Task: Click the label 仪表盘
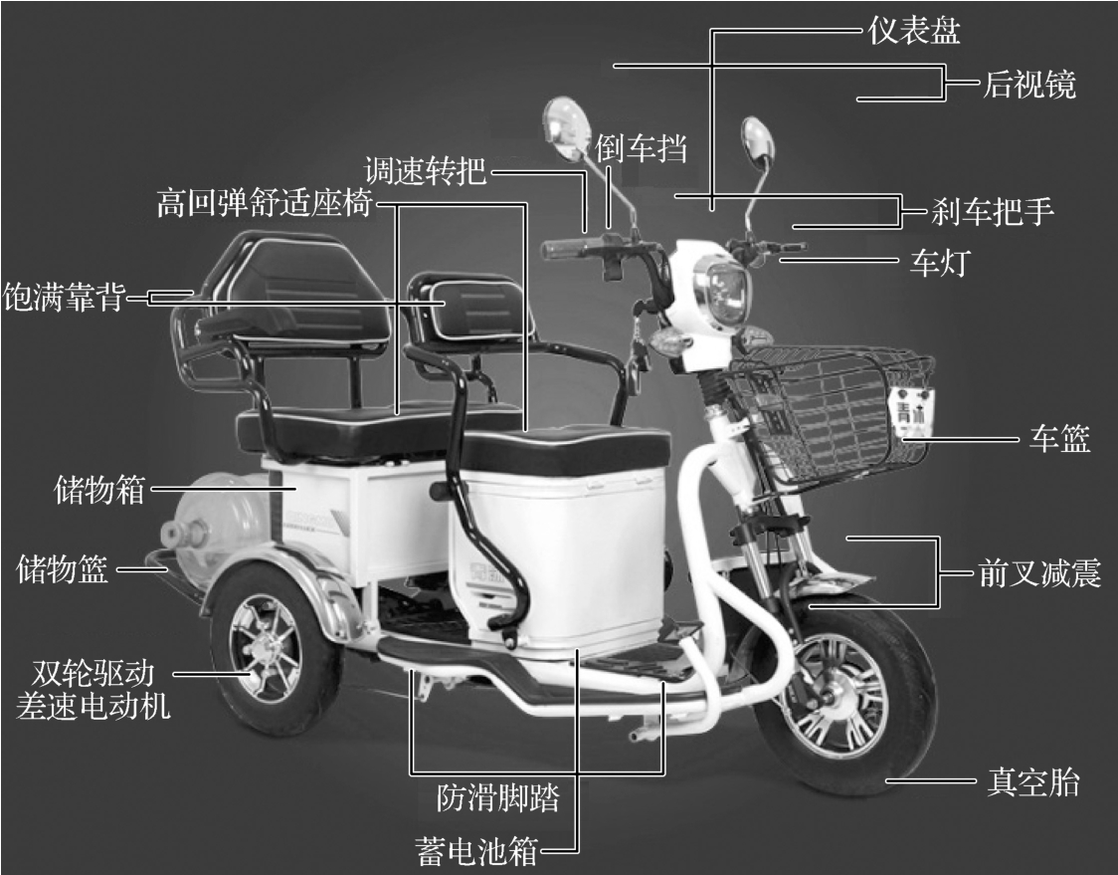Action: [x=914, y=31]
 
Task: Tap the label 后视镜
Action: [x=1028, y=85]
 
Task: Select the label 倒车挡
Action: [x=641, y=147]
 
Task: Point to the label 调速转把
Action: [x=425, y=171]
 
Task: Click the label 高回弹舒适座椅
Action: [x=265, y=203]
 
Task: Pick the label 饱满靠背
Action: [x=65, y=297]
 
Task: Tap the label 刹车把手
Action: [x=993, y=211]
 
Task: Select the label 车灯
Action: [x=940, y=263]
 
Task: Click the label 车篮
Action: [x=1059, y=438]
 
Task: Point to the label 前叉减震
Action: [x=1039, y=573]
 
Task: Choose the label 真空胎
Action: [x=1032, y=782]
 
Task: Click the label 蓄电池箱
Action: [x=476, y=851]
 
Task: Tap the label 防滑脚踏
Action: [x=497, y=797]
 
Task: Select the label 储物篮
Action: [x=62, y=569]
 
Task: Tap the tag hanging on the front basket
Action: [x=910, y=410]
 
